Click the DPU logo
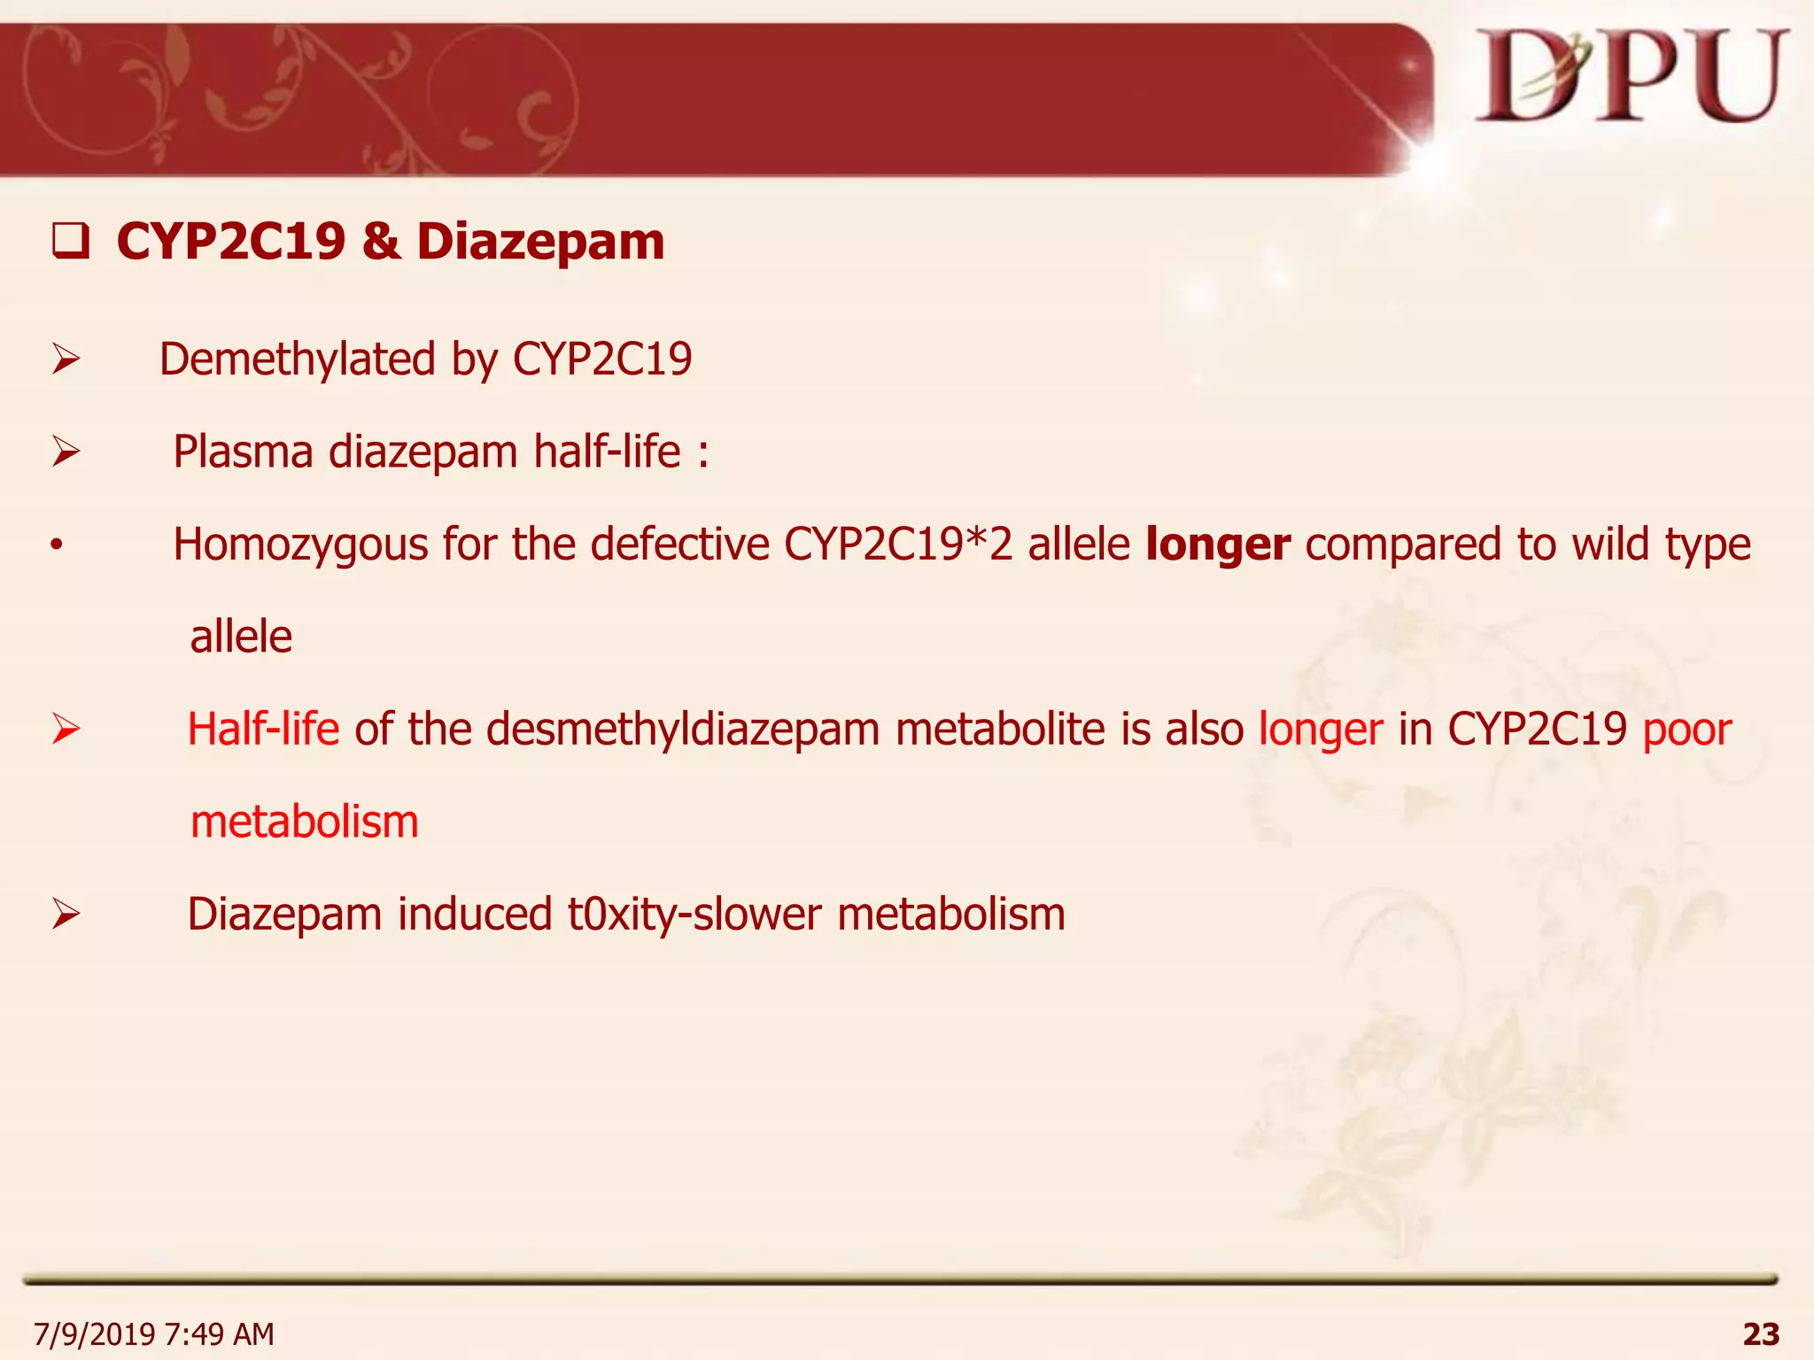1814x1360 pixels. [x=1630, y=78]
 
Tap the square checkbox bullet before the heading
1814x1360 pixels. [x=70, y=243]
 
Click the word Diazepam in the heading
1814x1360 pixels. [x=540, y=243]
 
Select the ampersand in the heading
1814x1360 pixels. [x=381, y=243]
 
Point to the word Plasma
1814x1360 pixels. [x=243, y=452]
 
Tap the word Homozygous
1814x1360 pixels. [x=300, y=545]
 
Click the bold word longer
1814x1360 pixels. [x=1218, y=545]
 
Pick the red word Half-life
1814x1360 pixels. [x=263, y=730]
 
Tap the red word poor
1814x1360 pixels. [x=1686, y=730]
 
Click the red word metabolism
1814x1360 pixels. [x=305, y=823]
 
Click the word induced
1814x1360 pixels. [x=475, y=915]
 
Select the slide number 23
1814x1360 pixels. [x=1760, y=1333]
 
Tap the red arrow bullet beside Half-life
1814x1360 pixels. [x=66, y=730]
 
